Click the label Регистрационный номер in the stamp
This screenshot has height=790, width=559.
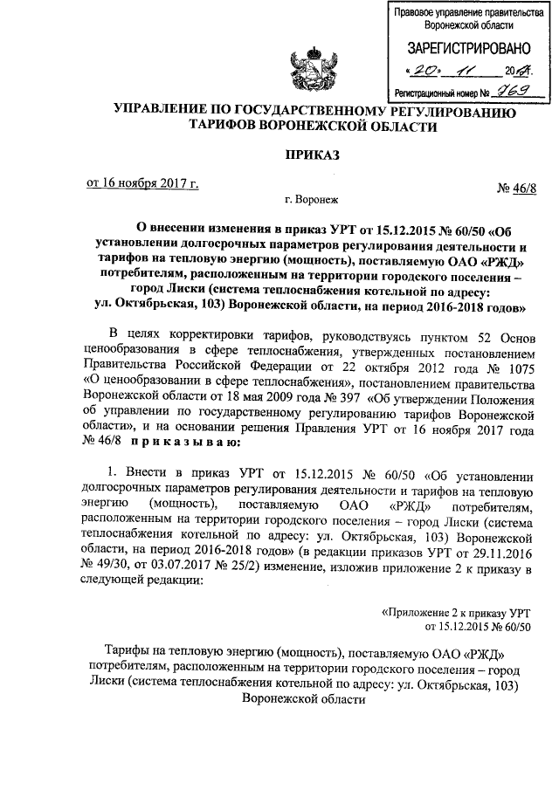click(x=434, y=92)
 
